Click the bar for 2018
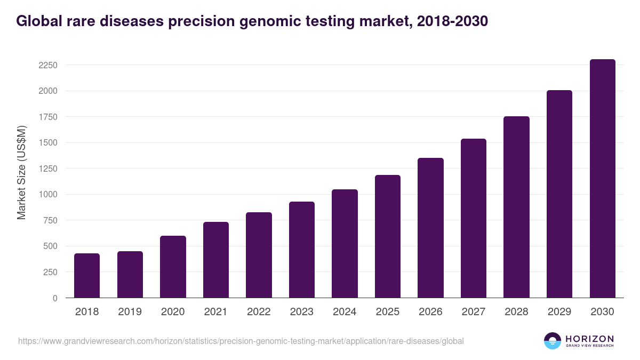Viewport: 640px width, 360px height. click(x=87, y=276)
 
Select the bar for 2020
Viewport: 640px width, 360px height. click(x=173, y=267)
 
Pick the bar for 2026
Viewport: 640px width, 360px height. click(x=430, y=228)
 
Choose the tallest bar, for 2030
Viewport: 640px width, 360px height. click(x=602, y=179)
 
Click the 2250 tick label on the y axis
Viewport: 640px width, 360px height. click(x=48, y=66)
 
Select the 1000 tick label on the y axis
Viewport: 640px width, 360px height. click(x=48, y=195)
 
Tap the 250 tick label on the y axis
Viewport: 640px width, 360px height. click(x=51, y=272)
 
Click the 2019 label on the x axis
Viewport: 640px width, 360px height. click(x=130, y=312)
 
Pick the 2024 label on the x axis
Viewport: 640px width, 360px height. click(x=345, y=312)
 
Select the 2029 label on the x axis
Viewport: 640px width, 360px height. click(x=559, y=312)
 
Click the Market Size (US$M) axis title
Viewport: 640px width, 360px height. click(x=21, y=173)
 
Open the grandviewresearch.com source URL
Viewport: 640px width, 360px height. click(x=241, y=341)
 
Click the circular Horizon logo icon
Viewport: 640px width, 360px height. click(x=552, y=341)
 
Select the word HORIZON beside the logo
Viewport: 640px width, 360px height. click(x=589, y=338)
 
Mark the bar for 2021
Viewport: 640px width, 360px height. click(x=216, y=260)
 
